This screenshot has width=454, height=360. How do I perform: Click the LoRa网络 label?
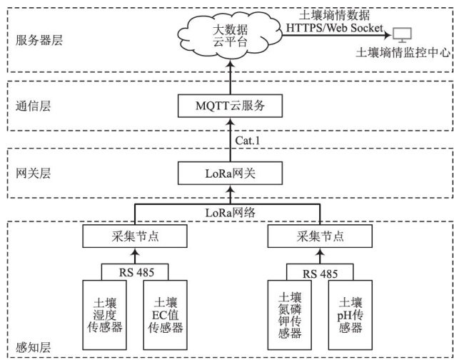231,212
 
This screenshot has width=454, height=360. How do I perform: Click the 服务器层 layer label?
39,40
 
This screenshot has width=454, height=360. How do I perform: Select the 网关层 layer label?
34,173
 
